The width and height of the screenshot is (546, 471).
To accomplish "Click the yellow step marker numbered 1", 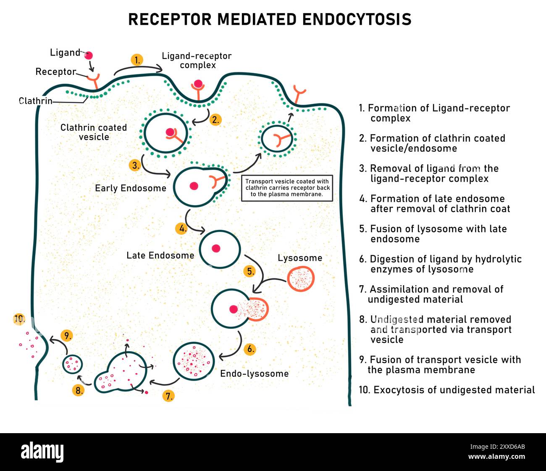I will tap(137, 60).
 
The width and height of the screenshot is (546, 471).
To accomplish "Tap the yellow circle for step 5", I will tap(250, 271).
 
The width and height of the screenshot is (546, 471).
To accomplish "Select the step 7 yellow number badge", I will tap(168, 396).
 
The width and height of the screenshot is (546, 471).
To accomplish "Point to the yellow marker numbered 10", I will tap(19, 319).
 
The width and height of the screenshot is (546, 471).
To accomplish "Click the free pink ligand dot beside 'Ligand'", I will tap(89, 56).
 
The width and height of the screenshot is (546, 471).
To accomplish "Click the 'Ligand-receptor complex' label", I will tap(197, 61).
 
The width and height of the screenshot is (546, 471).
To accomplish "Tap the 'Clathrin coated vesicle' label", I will tap(94, 132).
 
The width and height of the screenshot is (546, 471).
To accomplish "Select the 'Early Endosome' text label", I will tap(131, 188).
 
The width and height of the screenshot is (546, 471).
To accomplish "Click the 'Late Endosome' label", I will tap(160, 255).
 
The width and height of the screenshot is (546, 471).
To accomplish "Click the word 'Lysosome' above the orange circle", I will tap(300, 258).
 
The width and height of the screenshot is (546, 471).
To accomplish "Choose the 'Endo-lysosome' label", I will tap(255, 373).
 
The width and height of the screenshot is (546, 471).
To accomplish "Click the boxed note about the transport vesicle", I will tap(287, 188).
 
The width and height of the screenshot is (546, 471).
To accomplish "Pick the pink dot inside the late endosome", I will tap(216, 249).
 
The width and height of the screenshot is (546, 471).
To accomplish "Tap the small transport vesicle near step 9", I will tap(73, 364).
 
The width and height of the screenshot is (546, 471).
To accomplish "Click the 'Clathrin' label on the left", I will tap(36, 101).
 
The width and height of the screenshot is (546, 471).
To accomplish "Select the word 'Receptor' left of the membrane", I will tap(55, 72).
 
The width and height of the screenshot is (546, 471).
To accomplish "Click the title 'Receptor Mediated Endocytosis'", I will tap(270, 19).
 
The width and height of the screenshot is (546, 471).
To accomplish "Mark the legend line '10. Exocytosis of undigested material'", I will tap(447, 390).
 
